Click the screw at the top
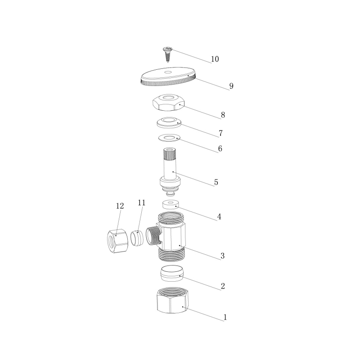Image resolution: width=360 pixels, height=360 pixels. click(167, 54)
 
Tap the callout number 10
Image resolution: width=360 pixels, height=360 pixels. click(215, 59)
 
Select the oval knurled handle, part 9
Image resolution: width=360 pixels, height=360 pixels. click(168, 76)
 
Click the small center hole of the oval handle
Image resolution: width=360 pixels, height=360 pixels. click(168, 72)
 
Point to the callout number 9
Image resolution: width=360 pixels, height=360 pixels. click(231, 86)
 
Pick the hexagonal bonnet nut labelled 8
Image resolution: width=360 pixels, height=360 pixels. click(168, 102)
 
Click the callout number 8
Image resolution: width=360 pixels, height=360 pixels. click(223, 115)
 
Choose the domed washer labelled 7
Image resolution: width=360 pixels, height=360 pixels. click(169, 122)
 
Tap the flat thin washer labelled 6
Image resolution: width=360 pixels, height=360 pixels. click(169, 138)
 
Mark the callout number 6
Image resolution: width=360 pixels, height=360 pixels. click(220, 148)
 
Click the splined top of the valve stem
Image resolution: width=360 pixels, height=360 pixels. click(170, 154)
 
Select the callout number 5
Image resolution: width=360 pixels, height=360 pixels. click(216, 182)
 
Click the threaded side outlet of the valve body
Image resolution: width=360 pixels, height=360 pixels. click(153, 235)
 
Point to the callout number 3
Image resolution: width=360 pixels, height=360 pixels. click(222, 256)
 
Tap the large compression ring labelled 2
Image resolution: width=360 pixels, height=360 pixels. click(172, 273)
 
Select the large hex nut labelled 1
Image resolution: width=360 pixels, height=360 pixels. click(173, 300)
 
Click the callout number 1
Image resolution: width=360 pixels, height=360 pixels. click(225, 317)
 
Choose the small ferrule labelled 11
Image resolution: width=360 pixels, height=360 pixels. click(137, 238)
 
